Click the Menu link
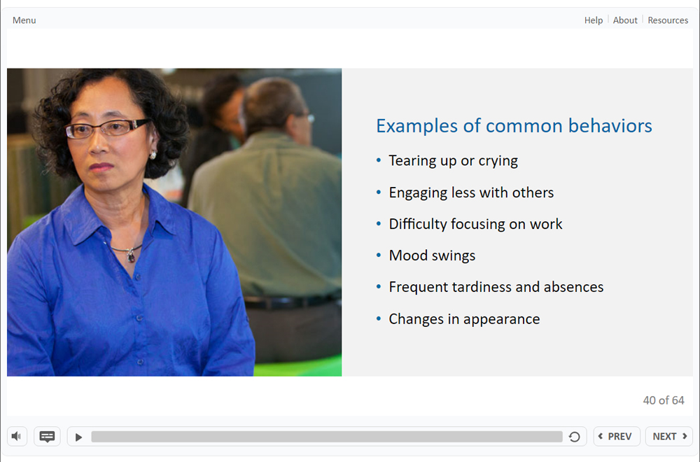(x=24, y=20)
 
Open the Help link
(x=594, y=20)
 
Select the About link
(x=625, y=20)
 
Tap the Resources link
(x=668, y=20)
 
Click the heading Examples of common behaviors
(x=514, y=126)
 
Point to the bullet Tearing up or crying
(x=453, y=161)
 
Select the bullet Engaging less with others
(x=471, y=192)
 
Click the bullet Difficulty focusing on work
(x=475, y=223)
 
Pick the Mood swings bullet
(x=432, y=255)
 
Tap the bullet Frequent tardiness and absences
(x=496, y=286)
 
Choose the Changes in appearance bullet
(x=464, y=318)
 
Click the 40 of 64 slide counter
(x=664, y=400)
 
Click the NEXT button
(x=668, y=436)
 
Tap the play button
(x=78, y=437)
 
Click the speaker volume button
(x=17, y=436)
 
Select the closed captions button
(x=47, y=436)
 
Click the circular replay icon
(x=575, y=437)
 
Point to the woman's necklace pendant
(x=130, y=255)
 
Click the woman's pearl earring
(x=153, y=155)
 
